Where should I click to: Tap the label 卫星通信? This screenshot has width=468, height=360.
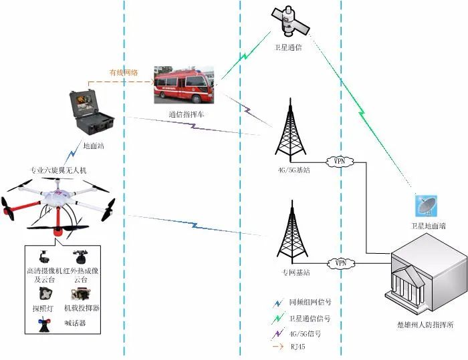(287, 47)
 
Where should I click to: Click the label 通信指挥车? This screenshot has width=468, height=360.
(187, 115)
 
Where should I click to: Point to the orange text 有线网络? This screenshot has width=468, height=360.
(124, 72)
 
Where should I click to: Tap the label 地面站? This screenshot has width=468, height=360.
(93, 144)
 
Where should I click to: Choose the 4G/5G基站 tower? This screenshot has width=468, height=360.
(292, 130)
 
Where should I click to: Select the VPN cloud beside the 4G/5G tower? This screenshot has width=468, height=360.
(340, 161)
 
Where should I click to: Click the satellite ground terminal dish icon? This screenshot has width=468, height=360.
(426, 206)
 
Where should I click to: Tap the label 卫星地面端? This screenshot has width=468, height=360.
(429, 226)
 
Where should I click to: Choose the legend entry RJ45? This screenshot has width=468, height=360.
(298, 347)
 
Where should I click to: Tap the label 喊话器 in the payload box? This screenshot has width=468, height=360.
(75, 323)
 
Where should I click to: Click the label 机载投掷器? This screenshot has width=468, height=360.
(82, 309)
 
